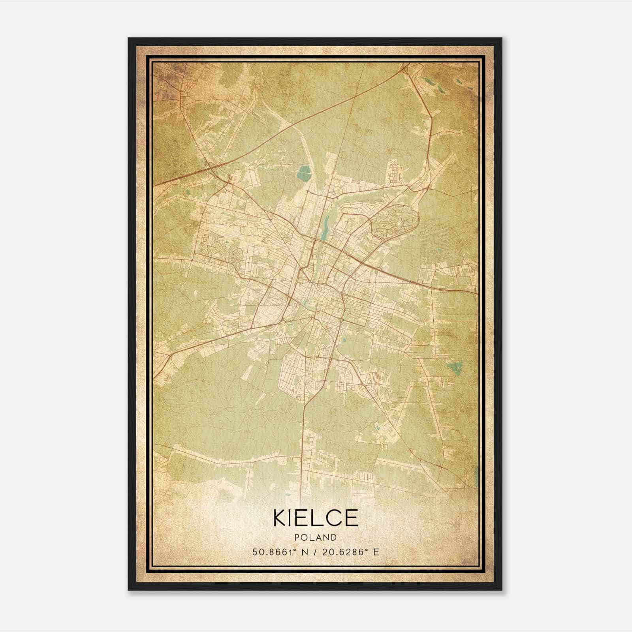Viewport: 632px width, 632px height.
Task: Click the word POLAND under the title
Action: point(316,538)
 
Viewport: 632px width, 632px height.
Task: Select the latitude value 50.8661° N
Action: point(278,552)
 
